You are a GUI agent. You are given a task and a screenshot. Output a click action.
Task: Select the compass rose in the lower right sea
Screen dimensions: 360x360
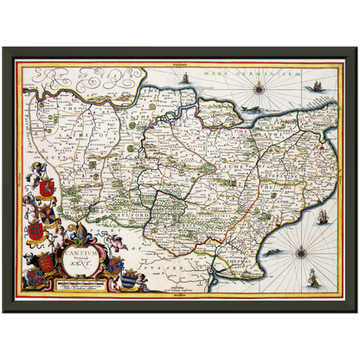point(301,254)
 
